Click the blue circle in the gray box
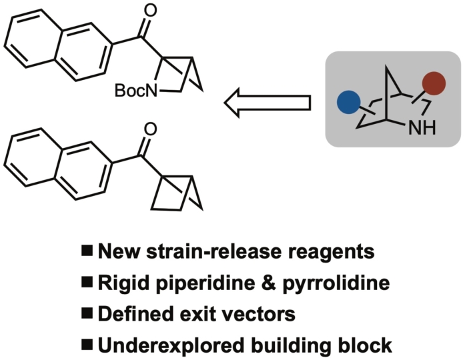tap(348, 103)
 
